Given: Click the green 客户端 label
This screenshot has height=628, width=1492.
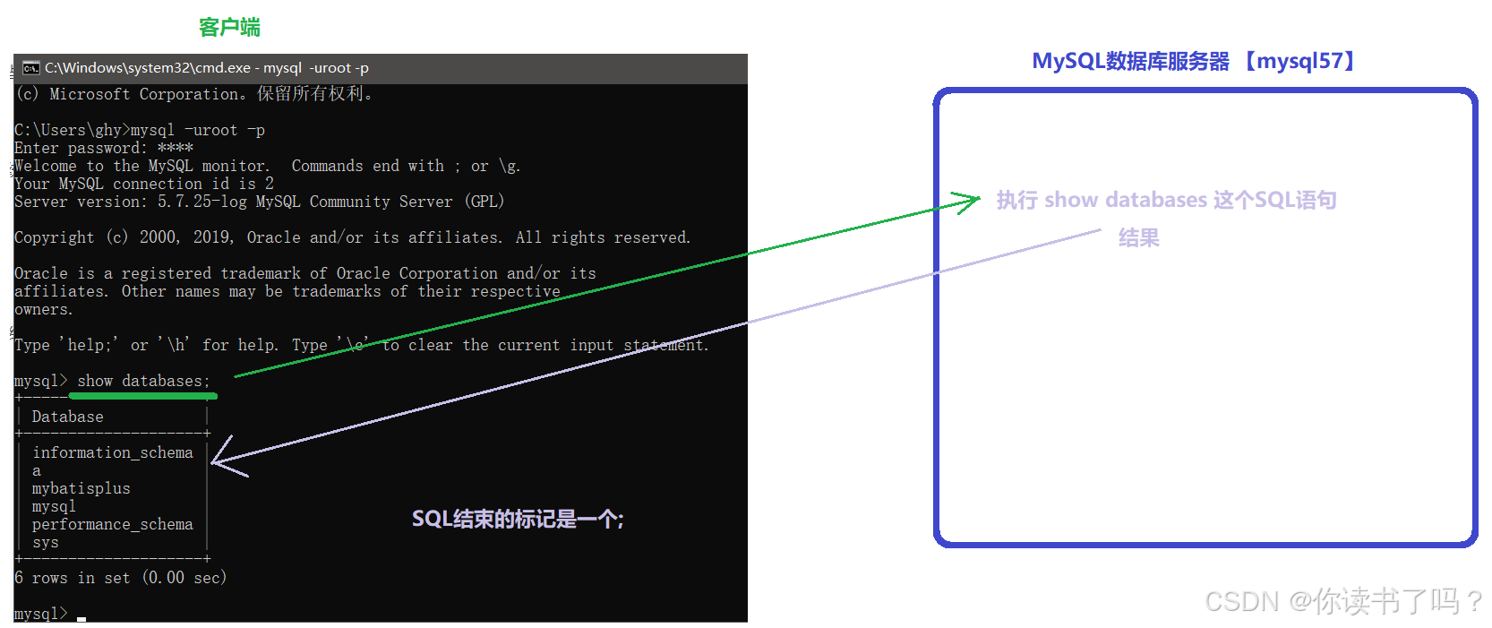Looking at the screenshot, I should (229, 28).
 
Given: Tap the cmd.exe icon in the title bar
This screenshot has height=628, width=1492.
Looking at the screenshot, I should (31, 68).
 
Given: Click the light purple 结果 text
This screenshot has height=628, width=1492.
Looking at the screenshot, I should (1138, 237).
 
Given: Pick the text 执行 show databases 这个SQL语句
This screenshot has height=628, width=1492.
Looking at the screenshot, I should (1166, 200).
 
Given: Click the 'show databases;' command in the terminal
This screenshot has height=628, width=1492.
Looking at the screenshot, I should (143, 381).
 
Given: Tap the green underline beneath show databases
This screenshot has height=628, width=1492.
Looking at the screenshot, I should (143, 395).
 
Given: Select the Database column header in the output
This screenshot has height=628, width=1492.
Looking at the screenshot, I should (68, 417).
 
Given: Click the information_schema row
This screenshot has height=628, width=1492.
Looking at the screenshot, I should (113, 452).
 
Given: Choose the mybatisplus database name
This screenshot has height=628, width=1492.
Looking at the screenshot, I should (81, 488).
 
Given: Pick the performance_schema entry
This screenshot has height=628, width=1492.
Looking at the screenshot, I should (113, 524).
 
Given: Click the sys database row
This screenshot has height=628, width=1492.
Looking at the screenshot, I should (46, 542).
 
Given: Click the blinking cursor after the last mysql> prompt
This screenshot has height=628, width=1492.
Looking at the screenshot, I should (81, 617).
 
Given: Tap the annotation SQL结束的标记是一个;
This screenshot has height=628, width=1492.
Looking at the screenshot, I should (518, 519).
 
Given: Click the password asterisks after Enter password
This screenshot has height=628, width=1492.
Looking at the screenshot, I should (176, 148).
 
